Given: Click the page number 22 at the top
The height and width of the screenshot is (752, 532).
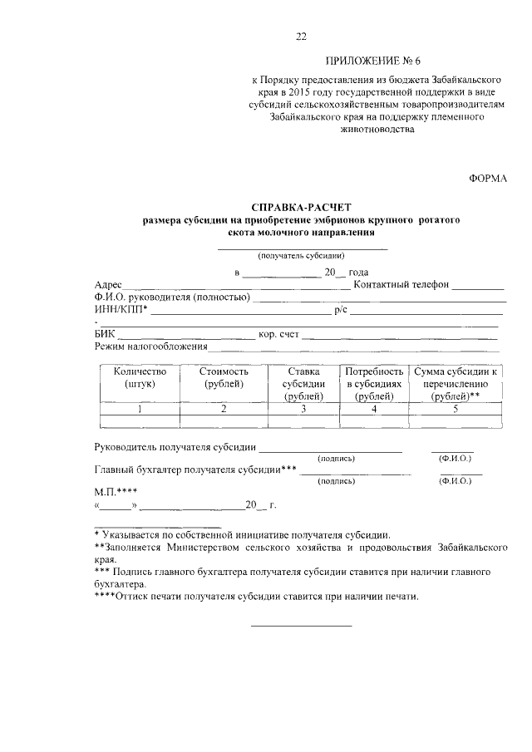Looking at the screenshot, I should (302, 36).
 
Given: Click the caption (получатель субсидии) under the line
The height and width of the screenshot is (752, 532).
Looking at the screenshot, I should (301, 256).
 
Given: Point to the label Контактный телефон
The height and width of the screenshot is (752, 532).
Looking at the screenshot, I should (401, 284).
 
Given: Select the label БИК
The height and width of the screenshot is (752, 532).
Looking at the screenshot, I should (106, 335).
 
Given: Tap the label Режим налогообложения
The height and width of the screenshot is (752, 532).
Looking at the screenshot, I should (151, 347).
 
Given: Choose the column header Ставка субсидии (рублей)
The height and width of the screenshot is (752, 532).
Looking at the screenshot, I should (303, 384).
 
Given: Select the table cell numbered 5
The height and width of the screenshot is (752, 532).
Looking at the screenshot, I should (456, 409).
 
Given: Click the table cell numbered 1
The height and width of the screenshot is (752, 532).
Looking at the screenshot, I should (140, 409).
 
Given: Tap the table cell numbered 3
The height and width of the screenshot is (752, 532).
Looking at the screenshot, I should (303, 409).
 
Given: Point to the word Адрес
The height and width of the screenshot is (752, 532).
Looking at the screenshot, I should (109, 284).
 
